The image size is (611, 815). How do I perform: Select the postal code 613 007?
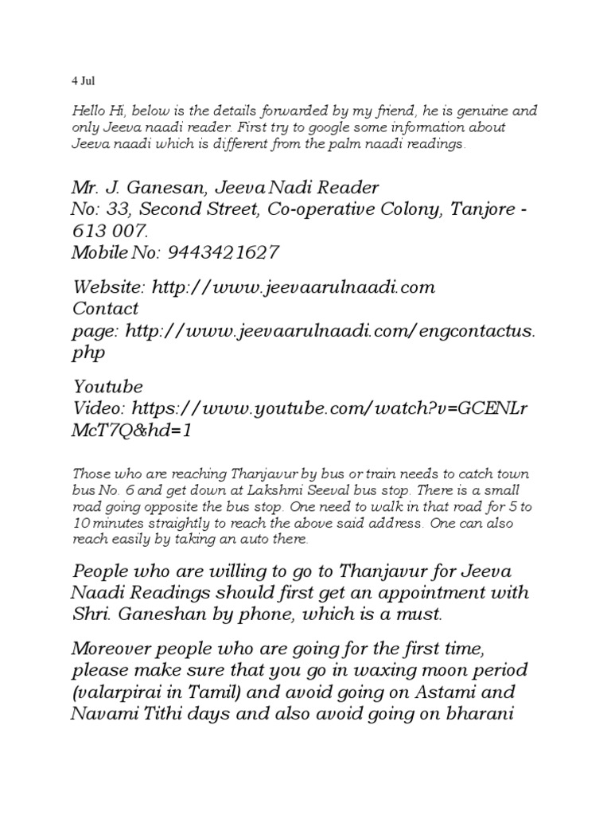pos(110,232)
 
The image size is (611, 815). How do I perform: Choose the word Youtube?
pos(108,388)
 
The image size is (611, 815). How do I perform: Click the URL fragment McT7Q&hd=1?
pos(131,431)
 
